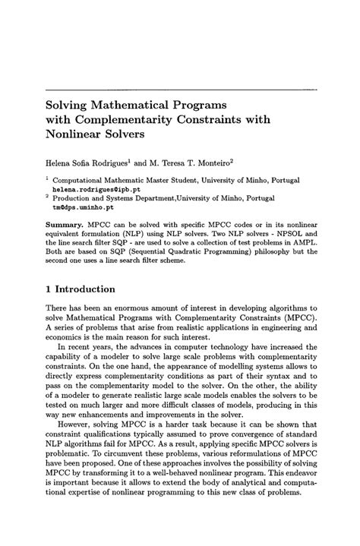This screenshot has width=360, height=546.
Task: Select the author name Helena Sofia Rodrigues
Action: point(96,162)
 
